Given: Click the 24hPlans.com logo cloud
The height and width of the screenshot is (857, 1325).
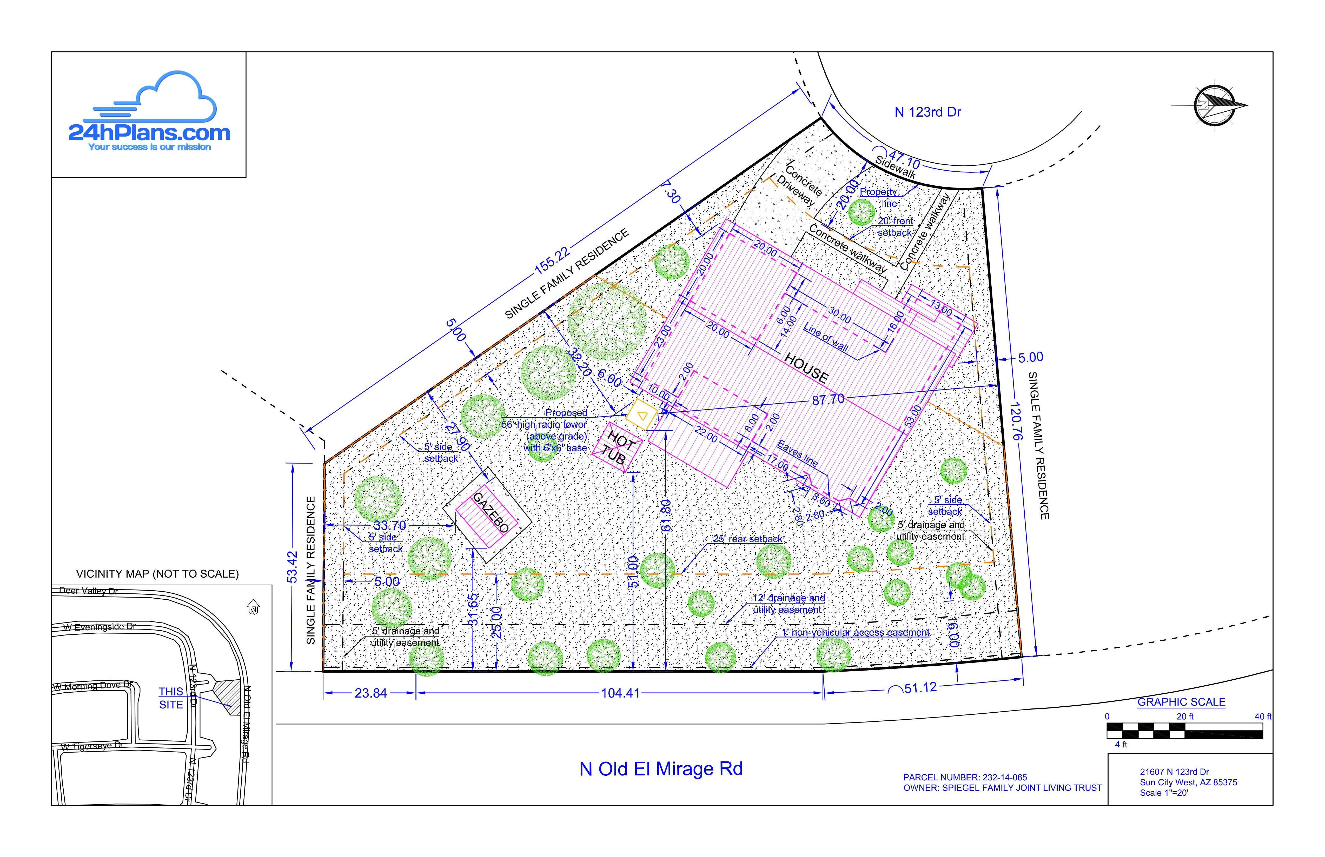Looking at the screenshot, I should coord(167,97).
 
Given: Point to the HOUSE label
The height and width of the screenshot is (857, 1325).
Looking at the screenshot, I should coord(806,367).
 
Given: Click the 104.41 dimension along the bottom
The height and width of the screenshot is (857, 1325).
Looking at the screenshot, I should coord(620,693).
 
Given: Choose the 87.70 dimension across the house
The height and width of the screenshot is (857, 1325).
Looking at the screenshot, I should coord(828,400).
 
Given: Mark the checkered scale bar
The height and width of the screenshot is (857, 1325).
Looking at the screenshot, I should coord(1184,731).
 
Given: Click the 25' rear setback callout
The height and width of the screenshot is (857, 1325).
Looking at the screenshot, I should coord(748,539).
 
